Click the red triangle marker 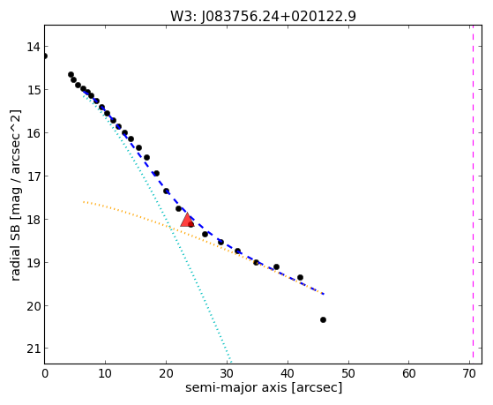187,220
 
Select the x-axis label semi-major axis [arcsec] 264,387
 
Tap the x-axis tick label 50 348,374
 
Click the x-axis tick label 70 469,374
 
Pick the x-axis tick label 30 227,374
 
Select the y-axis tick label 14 34,47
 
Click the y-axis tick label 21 34,349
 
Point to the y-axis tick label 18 34,220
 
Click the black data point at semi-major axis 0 45,56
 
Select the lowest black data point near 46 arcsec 323,319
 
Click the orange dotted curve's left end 83,202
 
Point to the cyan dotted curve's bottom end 230,362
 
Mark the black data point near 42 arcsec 300,277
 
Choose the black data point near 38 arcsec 276,266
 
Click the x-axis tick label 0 45,374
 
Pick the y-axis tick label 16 34,133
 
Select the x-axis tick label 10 105,374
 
